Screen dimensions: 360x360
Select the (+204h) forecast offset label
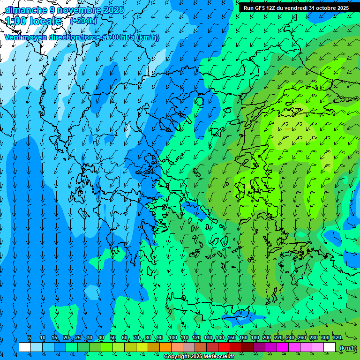(x=83, y=21)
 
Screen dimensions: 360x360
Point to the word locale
(x=46, y=21)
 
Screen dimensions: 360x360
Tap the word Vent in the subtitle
(x=13, y=37)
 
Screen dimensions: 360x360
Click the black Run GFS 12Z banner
(x=296, y=8)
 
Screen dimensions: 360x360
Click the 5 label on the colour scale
(x=30, y=337)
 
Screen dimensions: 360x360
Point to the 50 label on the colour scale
(x=113, y=337)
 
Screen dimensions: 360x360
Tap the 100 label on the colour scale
(x=173, y=337)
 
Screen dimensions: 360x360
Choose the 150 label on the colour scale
(x=232, y=337)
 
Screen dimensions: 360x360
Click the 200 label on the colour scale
(x=267, y=337)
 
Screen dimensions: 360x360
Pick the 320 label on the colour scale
(x=337, y=337)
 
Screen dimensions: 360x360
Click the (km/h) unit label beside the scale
(x=347, y=348)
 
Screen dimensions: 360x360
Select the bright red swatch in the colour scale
(x=224, y=347)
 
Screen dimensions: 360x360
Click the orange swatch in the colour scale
(x=165, y=347)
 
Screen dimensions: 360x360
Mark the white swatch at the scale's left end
(x=25, y=347)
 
